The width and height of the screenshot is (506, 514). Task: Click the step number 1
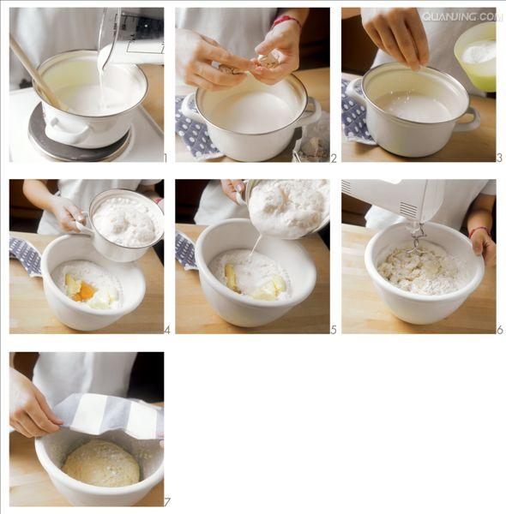(166, 158)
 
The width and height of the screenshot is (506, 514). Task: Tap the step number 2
(334, 158)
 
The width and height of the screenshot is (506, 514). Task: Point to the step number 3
(499, 158)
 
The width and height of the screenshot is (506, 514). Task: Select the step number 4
(167, 330)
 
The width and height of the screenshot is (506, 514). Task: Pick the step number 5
(334, 330)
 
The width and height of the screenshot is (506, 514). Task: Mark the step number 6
(500, 330)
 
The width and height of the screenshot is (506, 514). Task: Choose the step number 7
(167, 502)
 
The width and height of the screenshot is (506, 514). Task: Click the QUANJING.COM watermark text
(462, 17)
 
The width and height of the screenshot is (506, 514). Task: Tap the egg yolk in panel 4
(85, 292)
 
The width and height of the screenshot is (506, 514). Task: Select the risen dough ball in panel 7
(101, 463)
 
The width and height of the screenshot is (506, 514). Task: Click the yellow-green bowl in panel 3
(475, 57)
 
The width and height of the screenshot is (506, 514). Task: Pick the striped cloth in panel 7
(108, 415)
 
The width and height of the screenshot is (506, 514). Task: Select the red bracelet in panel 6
(478, 231)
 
